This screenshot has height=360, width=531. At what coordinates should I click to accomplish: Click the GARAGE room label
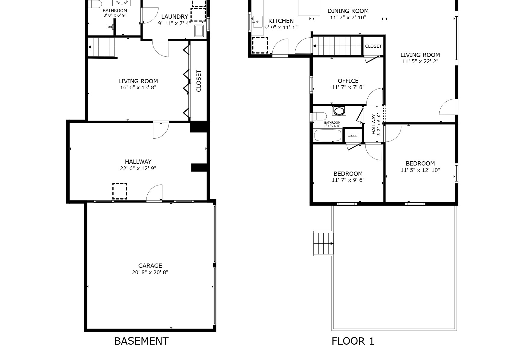pos(150,266)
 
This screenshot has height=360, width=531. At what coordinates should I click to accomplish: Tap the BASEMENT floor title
pos(141,341)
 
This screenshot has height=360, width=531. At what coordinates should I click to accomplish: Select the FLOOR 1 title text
pos(353,341)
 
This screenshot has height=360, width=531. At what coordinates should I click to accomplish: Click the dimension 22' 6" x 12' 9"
pos(138,168)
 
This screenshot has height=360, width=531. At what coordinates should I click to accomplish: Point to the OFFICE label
pos(348,81)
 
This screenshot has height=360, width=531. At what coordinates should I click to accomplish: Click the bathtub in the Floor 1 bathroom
pos(328,135)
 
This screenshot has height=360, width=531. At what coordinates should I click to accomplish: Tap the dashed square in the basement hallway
pos(120,191)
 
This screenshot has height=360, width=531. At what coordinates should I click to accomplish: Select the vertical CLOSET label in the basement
pos(199,81)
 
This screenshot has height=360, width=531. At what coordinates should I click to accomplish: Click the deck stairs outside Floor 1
pos(324,243)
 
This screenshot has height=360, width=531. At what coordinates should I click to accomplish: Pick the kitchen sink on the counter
pos(257,22)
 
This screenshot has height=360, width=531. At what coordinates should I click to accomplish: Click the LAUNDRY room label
pos(174,17)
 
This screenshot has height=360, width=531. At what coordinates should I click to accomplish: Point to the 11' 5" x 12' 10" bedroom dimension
pos(420,170)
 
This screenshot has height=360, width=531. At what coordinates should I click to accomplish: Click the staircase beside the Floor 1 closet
pos(338,46)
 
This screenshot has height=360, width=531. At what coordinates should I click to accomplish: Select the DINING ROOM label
pos(348,11)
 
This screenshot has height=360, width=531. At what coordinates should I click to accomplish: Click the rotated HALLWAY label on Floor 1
pos(374,124)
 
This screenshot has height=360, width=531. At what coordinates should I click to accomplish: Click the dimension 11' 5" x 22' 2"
pos(420,61)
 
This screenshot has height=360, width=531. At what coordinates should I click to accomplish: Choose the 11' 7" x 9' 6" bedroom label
pos(348,180)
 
